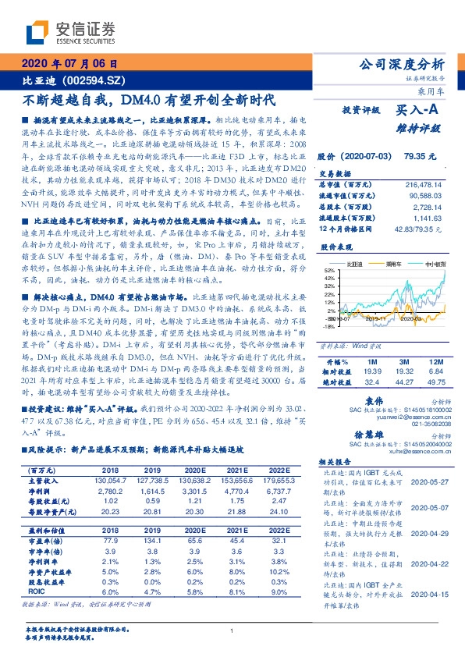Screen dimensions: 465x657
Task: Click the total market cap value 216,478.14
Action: coord(424,183)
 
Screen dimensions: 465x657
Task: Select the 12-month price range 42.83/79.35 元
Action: coord(421,228)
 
